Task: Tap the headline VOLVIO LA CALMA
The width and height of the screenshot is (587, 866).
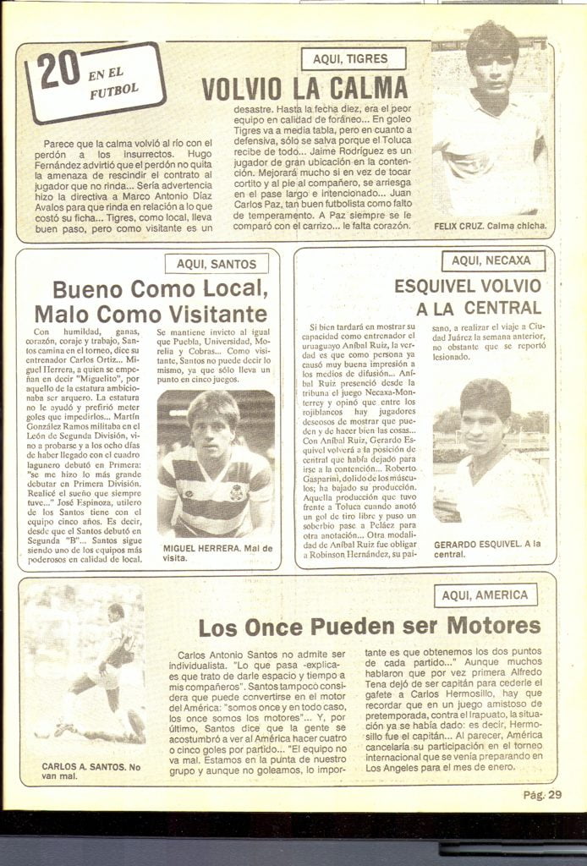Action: coord(304,89)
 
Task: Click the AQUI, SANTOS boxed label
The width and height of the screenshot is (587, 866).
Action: coord(216,264)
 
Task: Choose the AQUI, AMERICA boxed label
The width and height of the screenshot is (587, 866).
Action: coord(486,595)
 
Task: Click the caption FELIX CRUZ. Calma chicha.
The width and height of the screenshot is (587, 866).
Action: coord(490,227)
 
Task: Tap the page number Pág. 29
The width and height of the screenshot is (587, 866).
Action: coord(541,794)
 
